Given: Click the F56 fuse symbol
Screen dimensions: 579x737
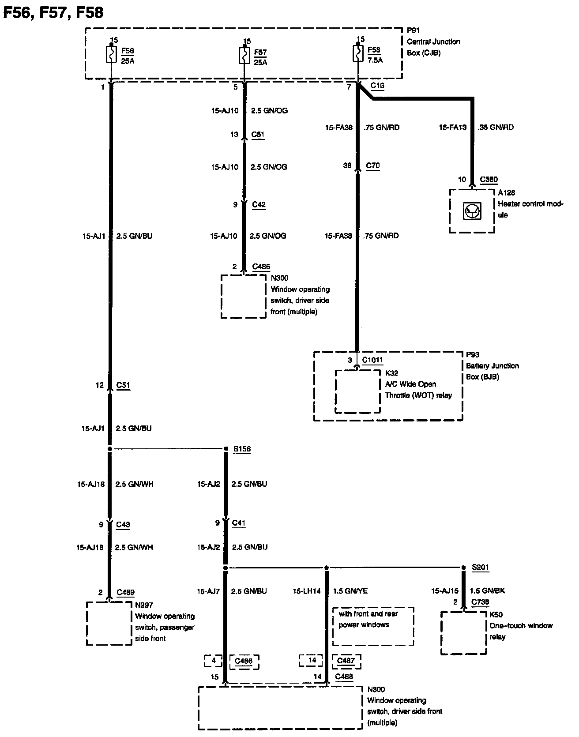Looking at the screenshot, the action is (111, 55).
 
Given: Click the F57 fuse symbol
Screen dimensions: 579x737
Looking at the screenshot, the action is (244, 56).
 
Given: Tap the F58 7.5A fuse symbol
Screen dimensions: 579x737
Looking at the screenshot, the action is (357, 54).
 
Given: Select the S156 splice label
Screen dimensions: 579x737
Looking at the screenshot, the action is (242, 449).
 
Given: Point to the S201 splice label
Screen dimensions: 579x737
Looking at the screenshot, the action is (481, 568).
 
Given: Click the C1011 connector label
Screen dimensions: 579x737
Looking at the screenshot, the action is (372, 360).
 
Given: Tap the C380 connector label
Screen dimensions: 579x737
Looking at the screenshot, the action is (489, 180).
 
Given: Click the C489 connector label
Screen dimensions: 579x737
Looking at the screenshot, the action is (125, 593).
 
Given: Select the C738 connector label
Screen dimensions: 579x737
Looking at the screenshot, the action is (481, 602).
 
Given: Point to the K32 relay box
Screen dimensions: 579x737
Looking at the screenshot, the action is (358, 391).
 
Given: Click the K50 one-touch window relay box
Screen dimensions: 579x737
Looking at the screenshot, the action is (463, 633).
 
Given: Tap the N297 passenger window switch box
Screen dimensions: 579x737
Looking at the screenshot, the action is (109, 623).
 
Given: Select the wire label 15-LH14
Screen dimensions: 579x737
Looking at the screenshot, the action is (307, 591).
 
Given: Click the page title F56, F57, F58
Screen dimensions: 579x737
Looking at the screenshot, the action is (53, 12).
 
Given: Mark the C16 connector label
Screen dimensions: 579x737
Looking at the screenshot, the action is (377, 86).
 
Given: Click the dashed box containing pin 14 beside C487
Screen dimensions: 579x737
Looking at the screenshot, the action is (311, 661).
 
